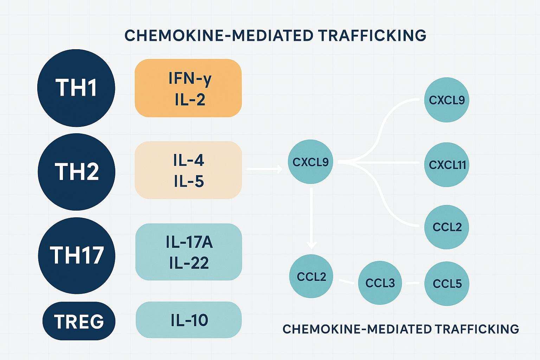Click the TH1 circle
76,88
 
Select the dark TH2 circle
76,172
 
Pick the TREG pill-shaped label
79,321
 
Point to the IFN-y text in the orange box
189,79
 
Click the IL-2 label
189,99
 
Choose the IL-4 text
188,160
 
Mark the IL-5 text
188,181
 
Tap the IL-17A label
189,243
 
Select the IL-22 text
189,263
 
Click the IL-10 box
189,320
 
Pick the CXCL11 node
447,165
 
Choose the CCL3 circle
380,283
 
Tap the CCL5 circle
447,283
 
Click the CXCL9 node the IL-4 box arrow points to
310,162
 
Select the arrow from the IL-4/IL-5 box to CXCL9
264,169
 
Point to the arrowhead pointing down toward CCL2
311,245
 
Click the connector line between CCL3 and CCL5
413,283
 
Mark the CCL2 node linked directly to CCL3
311,276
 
